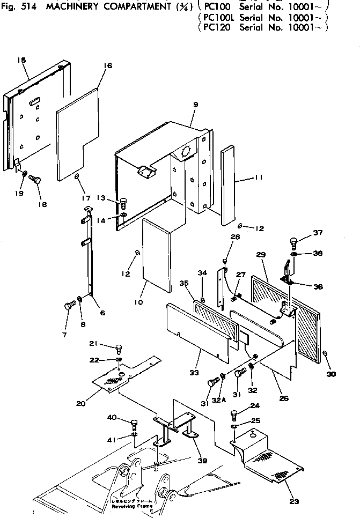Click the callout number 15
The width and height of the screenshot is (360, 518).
click(22, 61)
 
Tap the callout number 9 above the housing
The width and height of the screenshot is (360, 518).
click(195, 104)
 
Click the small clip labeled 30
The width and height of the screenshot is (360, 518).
click(326, 353)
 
